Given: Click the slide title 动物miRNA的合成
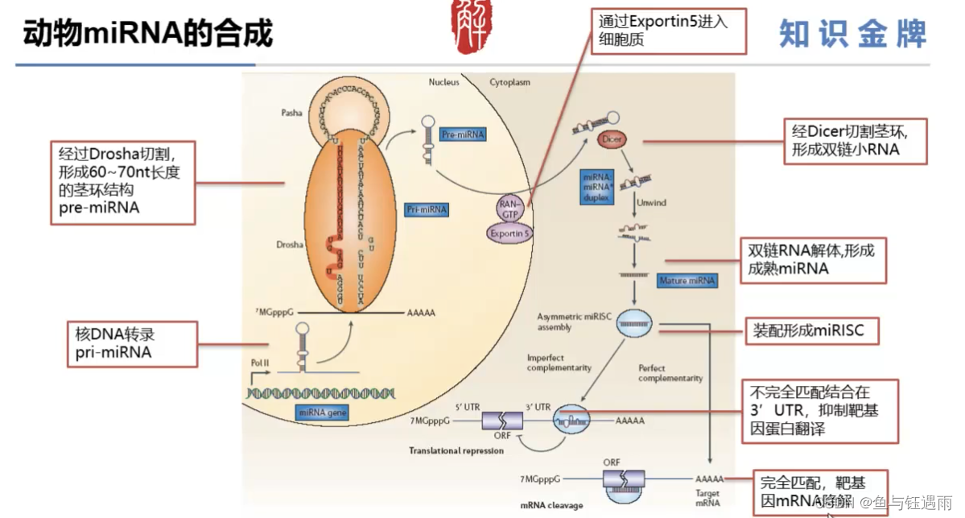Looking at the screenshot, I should click(x=148, y=34).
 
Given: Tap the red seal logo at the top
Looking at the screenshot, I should click(x=473, y=27).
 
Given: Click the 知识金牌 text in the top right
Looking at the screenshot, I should click(x=852, y=35).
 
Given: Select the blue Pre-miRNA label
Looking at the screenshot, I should click(x=464, y=135).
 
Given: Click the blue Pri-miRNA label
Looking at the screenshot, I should click(x=427, y=209).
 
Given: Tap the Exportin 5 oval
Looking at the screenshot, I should click(x=510, y=234).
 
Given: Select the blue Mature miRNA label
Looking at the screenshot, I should click(x=687, y=281).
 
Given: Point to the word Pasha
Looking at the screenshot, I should click(x=292, y=113).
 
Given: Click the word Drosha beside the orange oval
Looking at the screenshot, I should click(x=289, y=242).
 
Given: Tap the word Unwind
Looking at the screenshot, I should click(x=651, y=203).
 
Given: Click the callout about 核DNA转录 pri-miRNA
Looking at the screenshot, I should click(x=131, y=344).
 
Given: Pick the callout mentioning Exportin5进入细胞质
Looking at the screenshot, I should click(x=668, y=31).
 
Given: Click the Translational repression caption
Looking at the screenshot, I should click(x=456, y=450).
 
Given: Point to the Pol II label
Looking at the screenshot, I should click(x=262, y=363).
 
